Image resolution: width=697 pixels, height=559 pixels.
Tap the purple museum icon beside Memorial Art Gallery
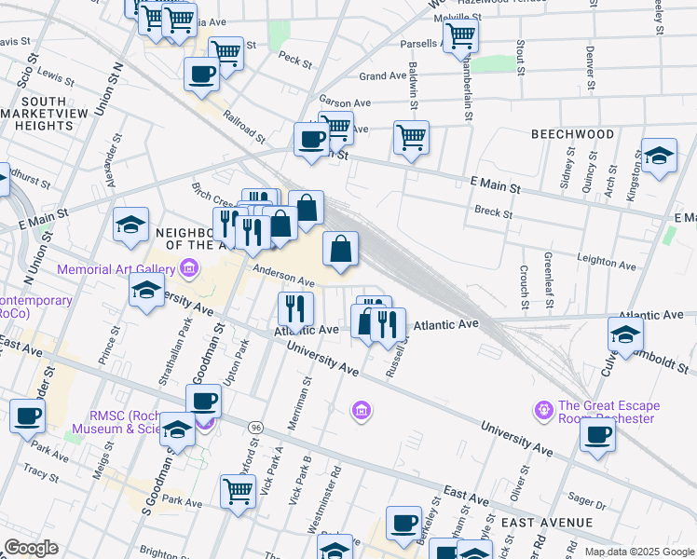pyautogui.click(x=189, y=270)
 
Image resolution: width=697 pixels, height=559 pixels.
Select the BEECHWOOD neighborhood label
pyautogui.click(x=572, y=134)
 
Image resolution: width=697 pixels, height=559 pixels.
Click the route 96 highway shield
pyautogui.click(x=255, y=427)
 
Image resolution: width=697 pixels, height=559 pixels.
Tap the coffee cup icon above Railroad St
pyautogui.click(x=201, y=74)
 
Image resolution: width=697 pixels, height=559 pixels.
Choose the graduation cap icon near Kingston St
pyautogui.click(x=658, y=156)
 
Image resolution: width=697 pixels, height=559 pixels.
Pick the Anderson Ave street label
pyautogui.click(x=284, y=277)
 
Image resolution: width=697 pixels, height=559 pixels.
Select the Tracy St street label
pyautogui.click(x=40, y=473)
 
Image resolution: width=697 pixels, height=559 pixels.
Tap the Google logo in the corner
pyautogui.click(x=31, y=548)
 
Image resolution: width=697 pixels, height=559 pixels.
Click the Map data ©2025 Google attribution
pyautogui.click(x=638, y=552)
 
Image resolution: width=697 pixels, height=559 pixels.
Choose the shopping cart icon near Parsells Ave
pyautogui.click(x=460, y=37)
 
